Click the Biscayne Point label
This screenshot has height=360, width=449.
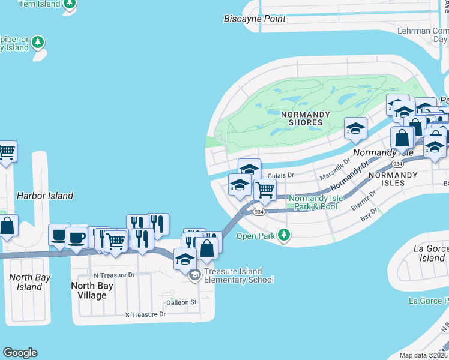(263, 19)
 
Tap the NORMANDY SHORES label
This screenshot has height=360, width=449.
(294, 118)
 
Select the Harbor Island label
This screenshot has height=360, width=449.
(45, 196)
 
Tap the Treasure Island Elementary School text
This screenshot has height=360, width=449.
(239, 275)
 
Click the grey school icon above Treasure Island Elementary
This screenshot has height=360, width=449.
(194, 275)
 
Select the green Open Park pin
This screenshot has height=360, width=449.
(286, 236)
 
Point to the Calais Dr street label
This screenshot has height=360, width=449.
(280, 175)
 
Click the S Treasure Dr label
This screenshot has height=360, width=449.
(145, 314)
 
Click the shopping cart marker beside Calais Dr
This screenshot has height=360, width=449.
(265, 190)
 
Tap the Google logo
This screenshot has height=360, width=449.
(20, 353)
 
